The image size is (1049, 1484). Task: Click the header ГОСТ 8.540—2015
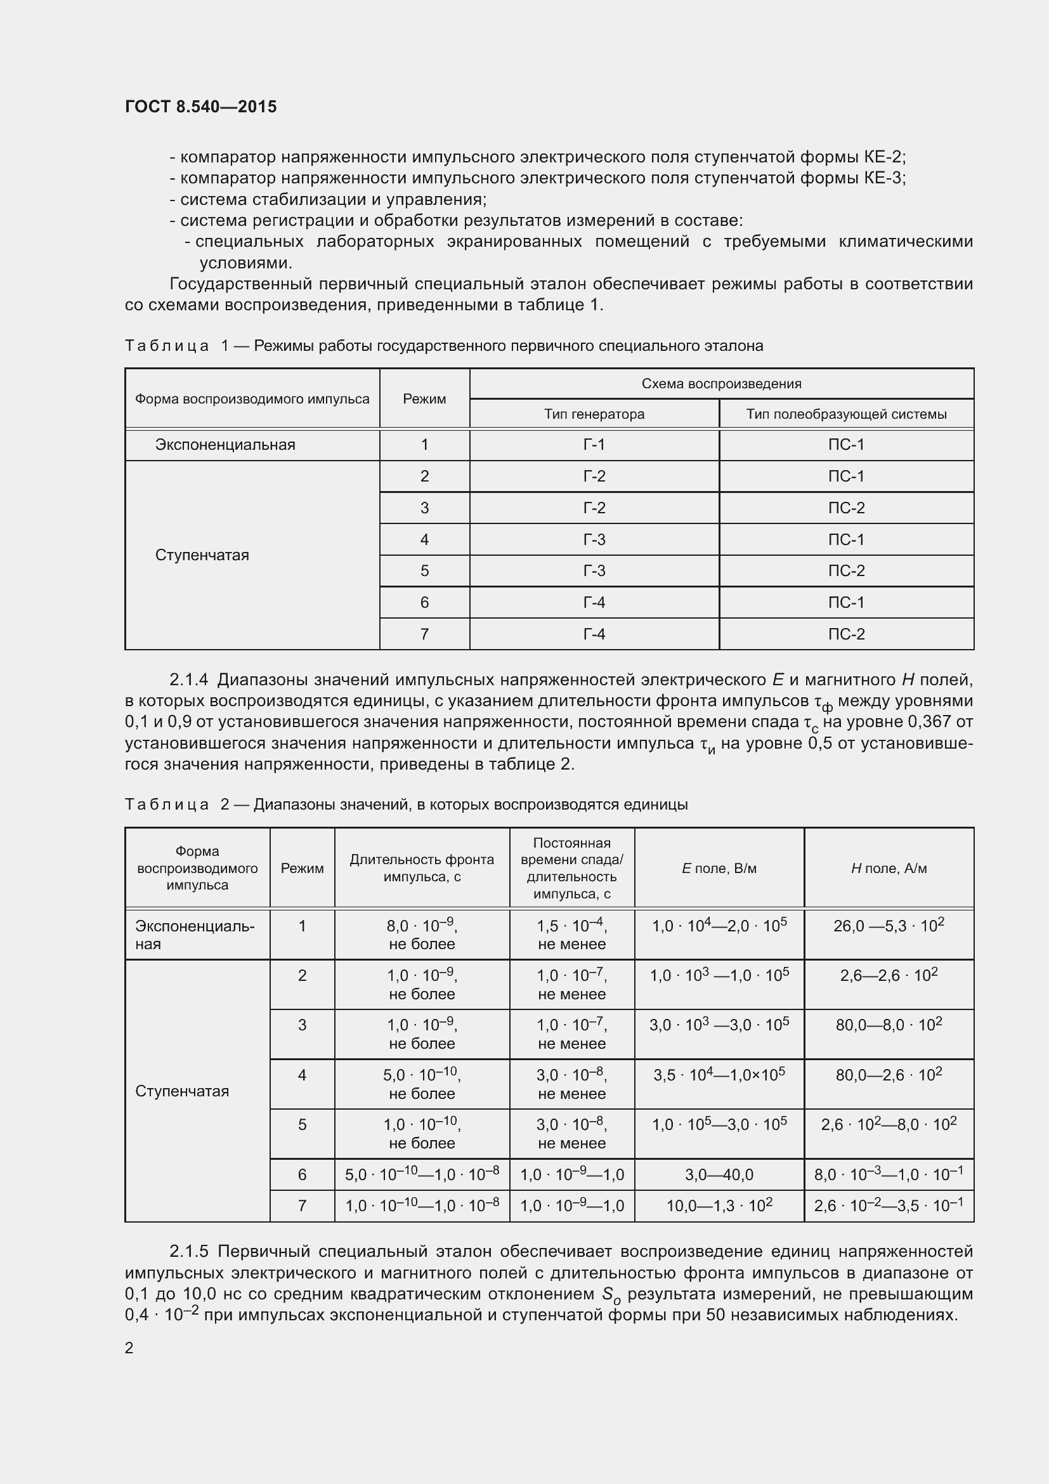[200, 107]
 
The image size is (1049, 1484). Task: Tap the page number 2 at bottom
[129, 1348]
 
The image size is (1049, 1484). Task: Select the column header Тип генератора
[594, 414]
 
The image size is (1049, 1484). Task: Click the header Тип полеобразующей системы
[846, 414]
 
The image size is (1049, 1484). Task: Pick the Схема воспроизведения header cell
[721, 384]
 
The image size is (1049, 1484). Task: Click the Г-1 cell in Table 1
[594, 445]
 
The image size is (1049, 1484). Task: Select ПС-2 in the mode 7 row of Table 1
[846, 634]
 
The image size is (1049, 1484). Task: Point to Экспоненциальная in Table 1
[225, 445]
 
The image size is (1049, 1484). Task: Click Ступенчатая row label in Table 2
[181, 1091]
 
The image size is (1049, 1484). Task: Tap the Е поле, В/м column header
[719, 868]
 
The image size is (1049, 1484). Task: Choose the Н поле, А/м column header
[889, 868]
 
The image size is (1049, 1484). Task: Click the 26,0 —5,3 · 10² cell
[889, 926]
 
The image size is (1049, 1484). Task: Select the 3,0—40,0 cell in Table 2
[719, 1174]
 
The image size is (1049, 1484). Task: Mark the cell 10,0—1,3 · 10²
[719, 1205]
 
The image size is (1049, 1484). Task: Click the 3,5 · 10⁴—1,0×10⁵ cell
[719, 1075]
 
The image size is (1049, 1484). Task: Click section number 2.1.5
[188, 1252]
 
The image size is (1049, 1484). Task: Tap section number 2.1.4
[188, 680]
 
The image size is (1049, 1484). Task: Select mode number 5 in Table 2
[302, 1125]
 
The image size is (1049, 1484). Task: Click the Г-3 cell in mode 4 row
[594, 540]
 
